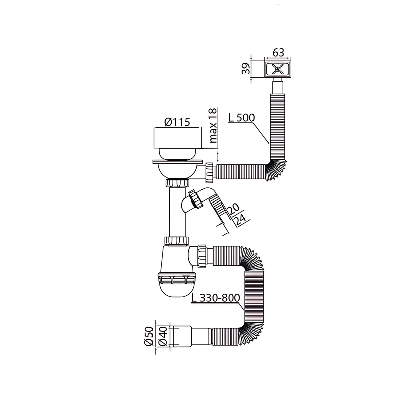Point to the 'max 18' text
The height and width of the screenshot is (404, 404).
(213, 126)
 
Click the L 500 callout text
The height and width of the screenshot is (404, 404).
(241, 118)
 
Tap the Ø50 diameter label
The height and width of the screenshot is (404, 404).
(148, 336)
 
